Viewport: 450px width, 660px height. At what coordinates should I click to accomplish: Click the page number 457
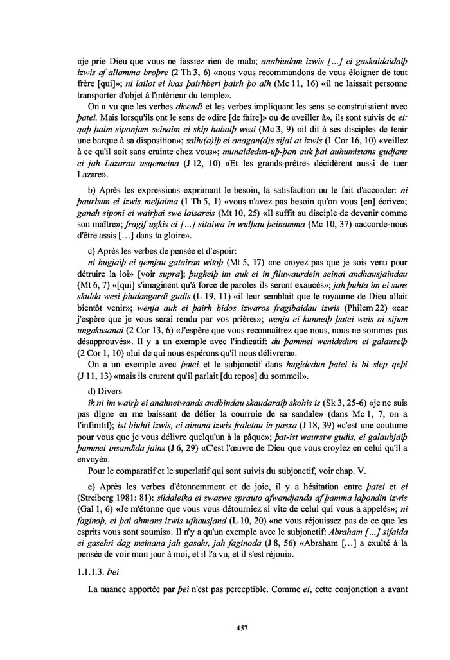click(x=225, y=629)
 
